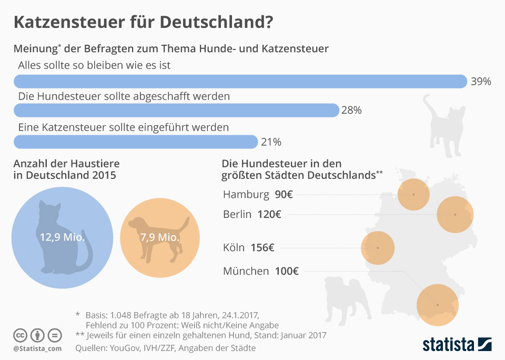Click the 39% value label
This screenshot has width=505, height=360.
pos(481,82)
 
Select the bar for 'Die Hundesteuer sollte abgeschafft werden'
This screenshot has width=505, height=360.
pos(176,110)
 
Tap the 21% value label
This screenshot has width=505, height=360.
pos(271,142)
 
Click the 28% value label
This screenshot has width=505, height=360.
pos(351,111)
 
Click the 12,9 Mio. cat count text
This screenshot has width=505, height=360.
pos(62,237)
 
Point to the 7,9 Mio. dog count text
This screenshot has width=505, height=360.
pos(160,237)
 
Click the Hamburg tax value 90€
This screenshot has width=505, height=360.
pos(284,194)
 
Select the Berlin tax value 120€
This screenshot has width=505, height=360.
pos(269,214)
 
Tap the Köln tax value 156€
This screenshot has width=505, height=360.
pos(262,247)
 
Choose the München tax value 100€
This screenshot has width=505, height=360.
pos(287,272)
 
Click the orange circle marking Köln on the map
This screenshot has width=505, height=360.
pos(377,248)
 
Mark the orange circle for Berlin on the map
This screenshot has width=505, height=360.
pos(455,215)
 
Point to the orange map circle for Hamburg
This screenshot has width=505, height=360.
pos(413,194)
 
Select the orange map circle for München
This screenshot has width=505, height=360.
pos(437,305)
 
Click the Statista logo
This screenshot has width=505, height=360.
pos(457,345)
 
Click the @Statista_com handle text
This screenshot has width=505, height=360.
pos(37,348)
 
